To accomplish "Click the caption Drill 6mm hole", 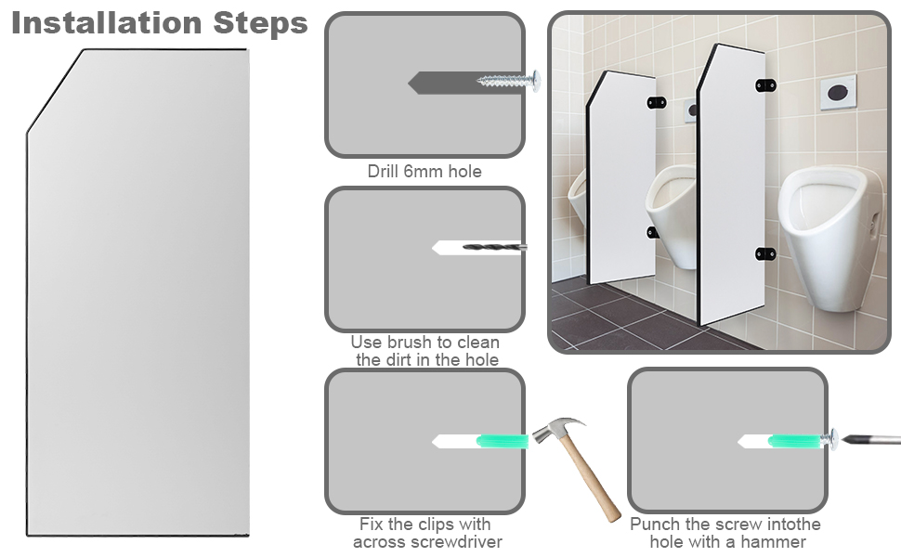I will point(424,172).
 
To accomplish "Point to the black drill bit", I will point(494,248).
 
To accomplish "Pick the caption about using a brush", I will point(426,351).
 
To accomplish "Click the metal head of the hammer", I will point(557,432).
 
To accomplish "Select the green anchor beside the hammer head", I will point(503,441).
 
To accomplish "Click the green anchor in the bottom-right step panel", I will point(795,440).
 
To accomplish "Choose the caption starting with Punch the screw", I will point(727,533).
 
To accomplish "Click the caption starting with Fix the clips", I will point(426,533).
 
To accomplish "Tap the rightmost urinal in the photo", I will point(827,232).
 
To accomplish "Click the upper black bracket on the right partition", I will point(764,85).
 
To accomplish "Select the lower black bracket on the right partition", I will point(764,253).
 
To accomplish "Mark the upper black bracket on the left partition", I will point(656,102).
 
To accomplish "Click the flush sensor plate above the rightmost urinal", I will point(838,93).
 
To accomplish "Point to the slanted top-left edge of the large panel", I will point(55,91).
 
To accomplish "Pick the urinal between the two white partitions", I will point(673,209).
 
